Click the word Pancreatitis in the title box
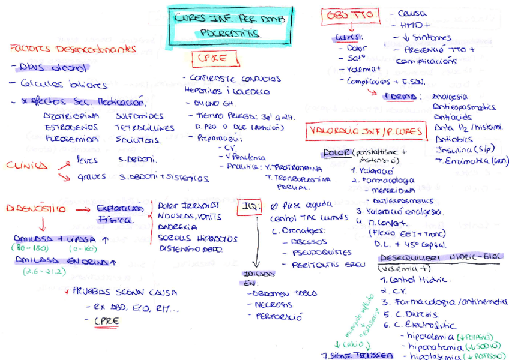[x=230, y=34]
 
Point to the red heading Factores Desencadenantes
[x=73, y=49]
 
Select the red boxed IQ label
[x=250, y=207]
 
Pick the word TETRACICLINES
[x=145, y=128]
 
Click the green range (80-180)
[x=29, y=248]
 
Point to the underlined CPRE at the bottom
[x=106, y=321]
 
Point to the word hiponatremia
[x=432, y=346]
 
